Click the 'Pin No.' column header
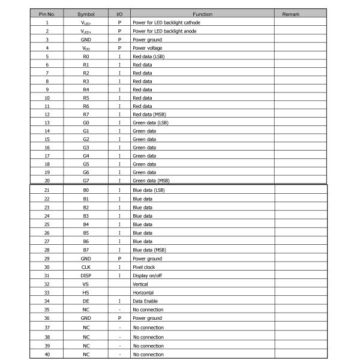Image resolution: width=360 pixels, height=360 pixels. tap(47, 13)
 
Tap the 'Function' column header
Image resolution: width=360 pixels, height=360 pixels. tap(202, 13)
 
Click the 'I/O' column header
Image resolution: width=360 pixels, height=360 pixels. tap(119, 13)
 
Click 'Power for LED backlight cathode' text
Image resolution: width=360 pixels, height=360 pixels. tap(167, 22)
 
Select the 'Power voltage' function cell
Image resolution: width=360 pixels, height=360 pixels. tap(147, 47)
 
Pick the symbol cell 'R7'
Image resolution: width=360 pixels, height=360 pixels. tap(86, 114)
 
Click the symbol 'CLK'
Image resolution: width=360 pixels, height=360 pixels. tap(86, 267)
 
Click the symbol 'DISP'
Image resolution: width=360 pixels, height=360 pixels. tap(86, 275)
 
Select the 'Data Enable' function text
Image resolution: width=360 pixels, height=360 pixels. tap(146, 301)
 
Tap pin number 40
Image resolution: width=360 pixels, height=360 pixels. tap(47, 355)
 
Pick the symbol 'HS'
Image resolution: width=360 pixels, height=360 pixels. tap(86, 292)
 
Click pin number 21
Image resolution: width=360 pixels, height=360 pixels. tap(47, 190)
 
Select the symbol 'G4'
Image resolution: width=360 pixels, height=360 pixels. tap(86, 155)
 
